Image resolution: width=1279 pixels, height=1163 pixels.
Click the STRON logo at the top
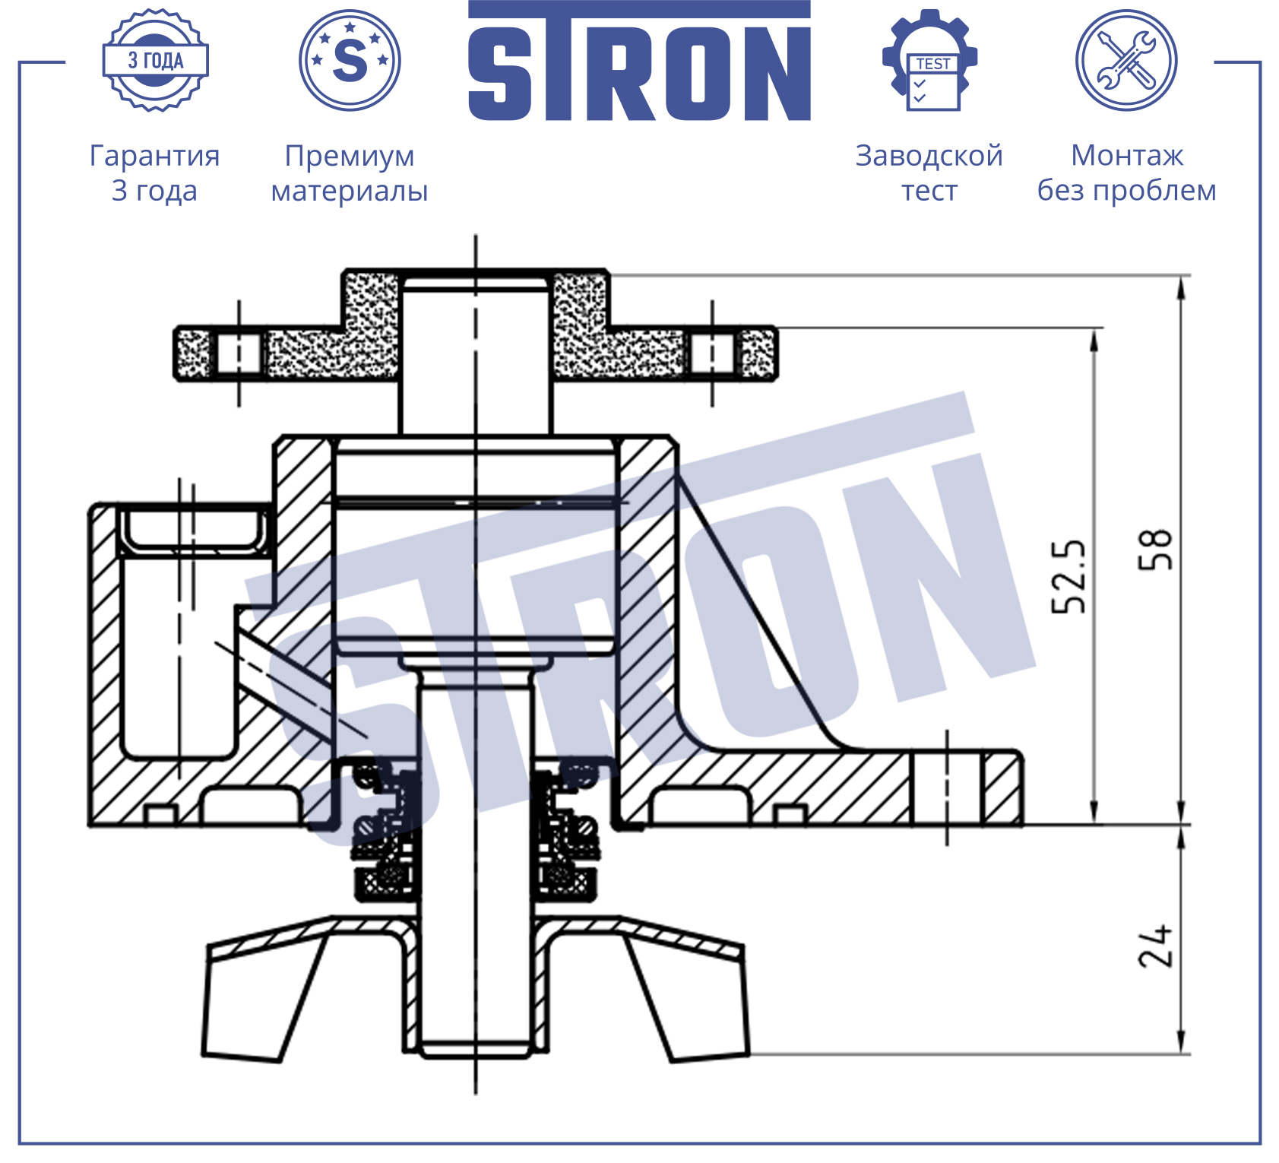click(639, 61)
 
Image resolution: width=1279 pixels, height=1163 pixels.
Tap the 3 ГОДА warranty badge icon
click(156, 60)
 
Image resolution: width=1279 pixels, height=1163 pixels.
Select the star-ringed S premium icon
click(350, 60)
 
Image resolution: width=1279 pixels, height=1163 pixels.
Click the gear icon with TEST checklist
click(929, 60)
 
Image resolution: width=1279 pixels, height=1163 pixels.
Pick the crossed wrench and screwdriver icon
click(1126, 60)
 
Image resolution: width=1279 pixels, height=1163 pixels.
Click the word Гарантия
click(155, 156)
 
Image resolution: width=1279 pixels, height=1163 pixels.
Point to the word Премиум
click(350, 157)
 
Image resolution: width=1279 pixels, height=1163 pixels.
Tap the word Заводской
click(929, 156)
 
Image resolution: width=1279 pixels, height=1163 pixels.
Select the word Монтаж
click(1127, 155)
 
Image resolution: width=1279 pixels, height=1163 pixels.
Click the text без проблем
click(1127, 190)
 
